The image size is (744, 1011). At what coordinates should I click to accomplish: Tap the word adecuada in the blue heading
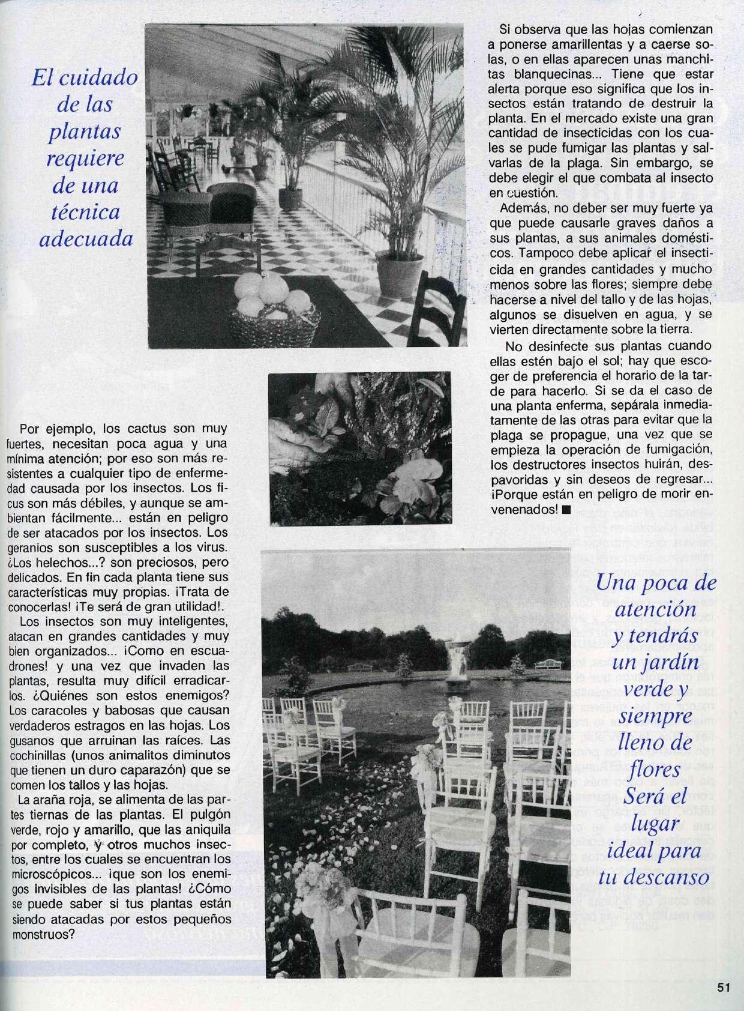click(85, 239)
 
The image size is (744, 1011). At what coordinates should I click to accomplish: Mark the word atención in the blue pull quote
click(654, 610)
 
